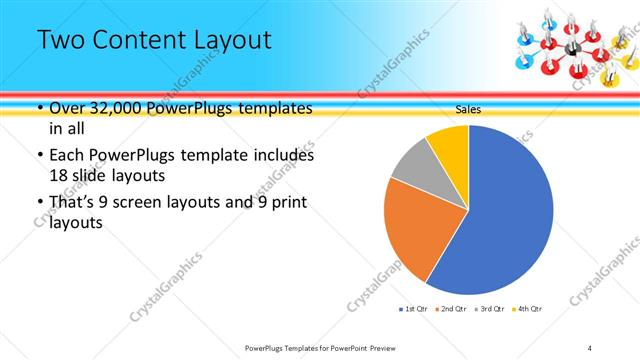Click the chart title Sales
tap(468, 109)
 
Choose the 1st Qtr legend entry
tap(413, 309)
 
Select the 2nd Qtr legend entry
tap(453, 309)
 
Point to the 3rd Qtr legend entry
tap(490, 309)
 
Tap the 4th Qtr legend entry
tap(528, 309)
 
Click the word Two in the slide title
tap(62, 41)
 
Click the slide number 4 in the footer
tap(591, 347)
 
